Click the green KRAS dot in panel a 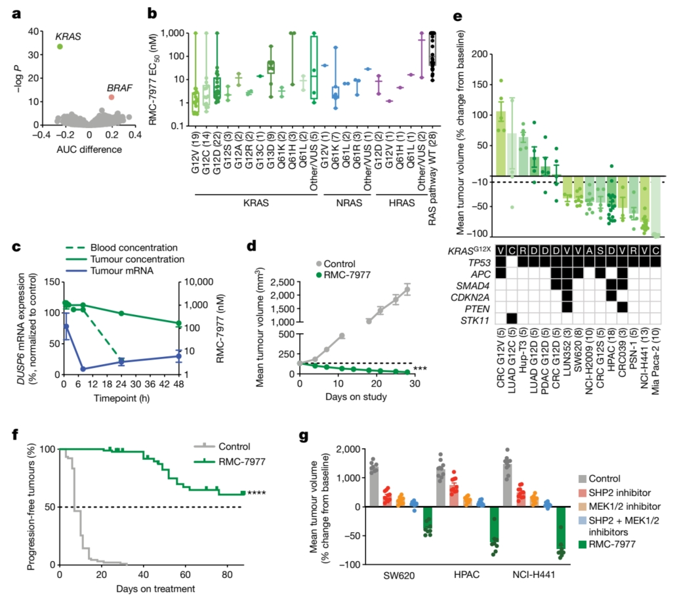pyautogui.click(x=60, y=47)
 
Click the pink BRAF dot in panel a pyautogui.click(x=112, y=97)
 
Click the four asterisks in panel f pyautogui.click(x=257, y=493)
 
